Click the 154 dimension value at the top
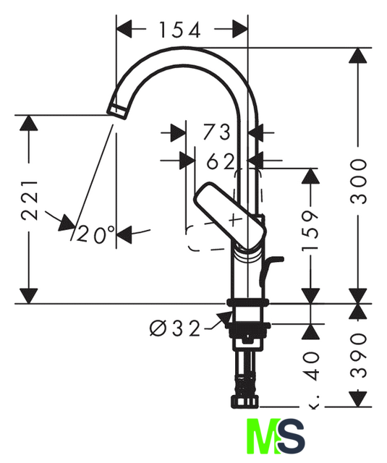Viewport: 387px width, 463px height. click(180, 30)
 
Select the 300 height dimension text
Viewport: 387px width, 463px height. click(358, 182)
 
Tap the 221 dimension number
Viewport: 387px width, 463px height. click(30, 200)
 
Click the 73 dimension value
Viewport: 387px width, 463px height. click(216, 132)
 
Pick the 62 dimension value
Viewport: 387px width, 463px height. click(221, 161)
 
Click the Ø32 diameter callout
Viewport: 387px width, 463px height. click(175, 328)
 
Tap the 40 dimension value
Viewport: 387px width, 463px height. click(312, 366)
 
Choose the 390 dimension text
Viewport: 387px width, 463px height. click(358, 355)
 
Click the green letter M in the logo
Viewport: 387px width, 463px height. click(263, 436)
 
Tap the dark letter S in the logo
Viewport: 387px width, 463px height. click(292, 436)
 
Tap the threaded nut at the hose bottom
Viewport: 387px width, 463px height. click(244, 402)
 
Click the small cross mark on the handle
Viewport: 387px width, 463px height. click(235, 219)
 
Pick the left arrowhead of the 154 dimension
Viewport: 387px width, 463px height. click(124, 29)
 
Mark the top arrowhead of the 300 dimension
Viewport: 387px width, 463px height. click(358, 55)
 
